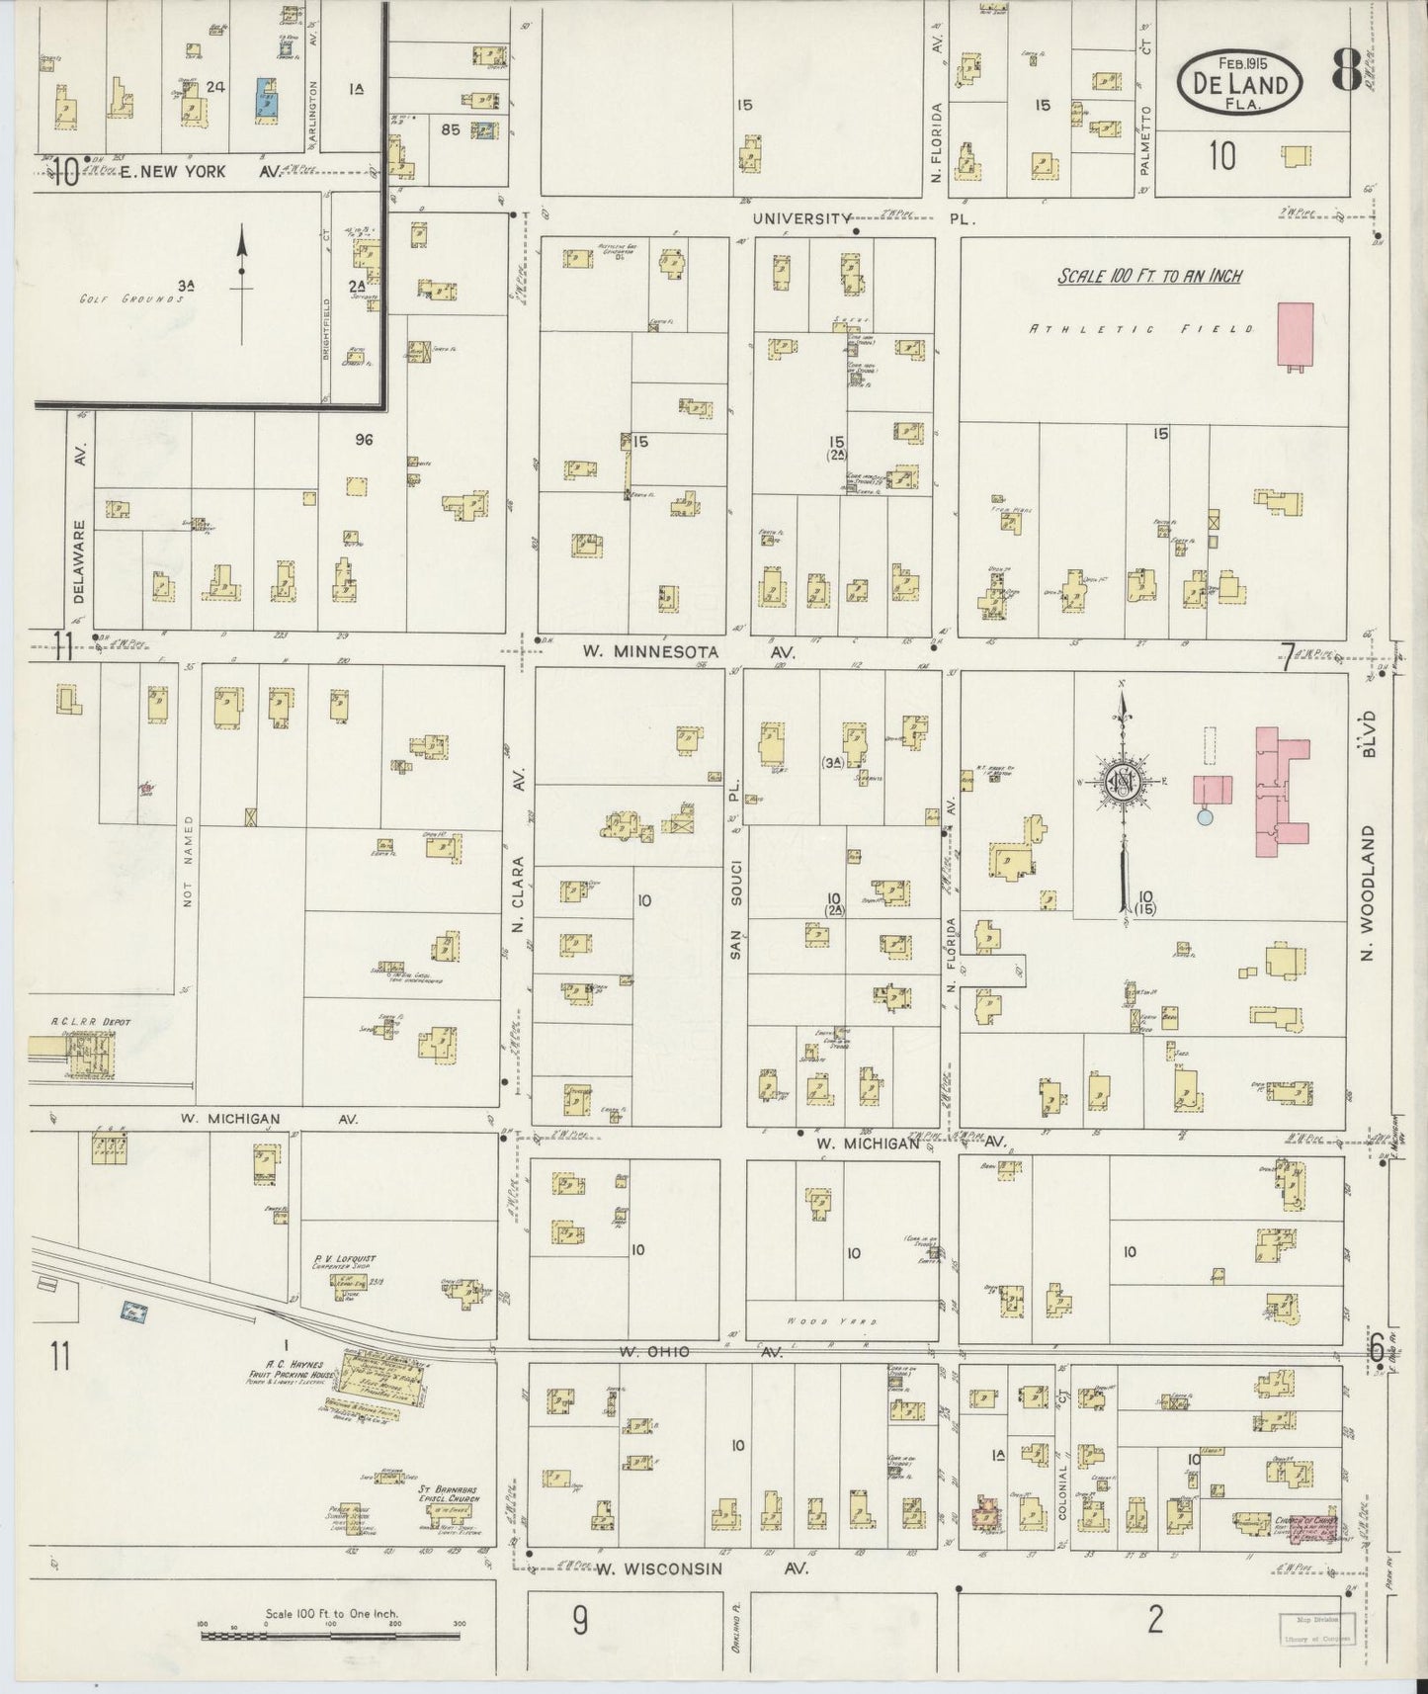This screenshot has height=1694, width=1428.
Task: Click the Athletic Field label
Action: coord(1141,328)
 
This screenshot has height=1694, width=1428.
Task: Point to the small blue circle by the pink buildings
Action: coord(1204,816)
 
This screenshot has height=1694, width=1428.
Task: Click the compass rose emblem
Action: coord(1123,778)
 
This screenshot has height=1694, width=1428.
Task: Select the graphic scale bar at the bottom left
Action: coord(332,1637)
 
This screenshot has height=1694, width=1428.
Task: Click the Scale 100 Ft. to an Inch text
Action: coord(1149,277)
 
